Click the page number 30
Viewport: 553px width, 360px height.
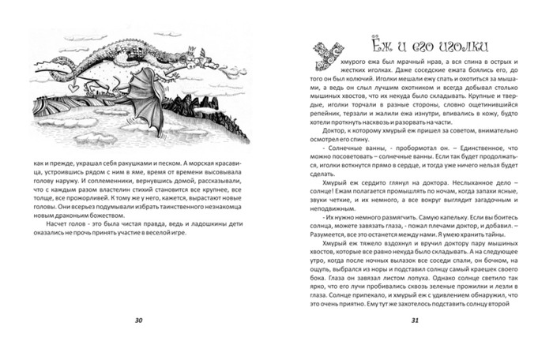138,320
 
